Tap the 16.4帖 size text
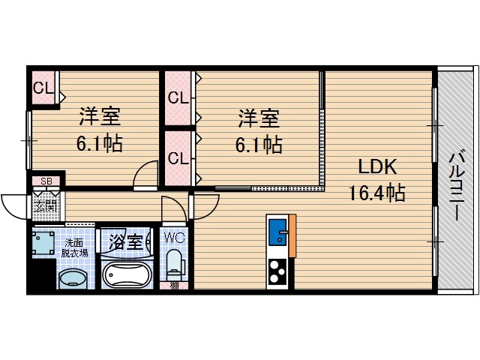(x=376, y=193)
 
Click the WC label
(x=174, y=238)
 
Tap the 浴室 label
(x=125, y=242)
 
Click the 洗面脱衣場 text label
(x=75, y=248)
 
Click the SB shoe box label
(x=46, y=181)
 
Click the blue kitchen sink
(x=277, y=228)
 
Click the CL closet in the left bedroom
(x=43, y=88)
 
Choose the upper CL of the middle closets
(x=178, y=97)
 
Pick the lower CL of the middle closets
(x=178, y=158)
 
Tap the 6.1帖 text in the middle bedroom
(x=259, y=144)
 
